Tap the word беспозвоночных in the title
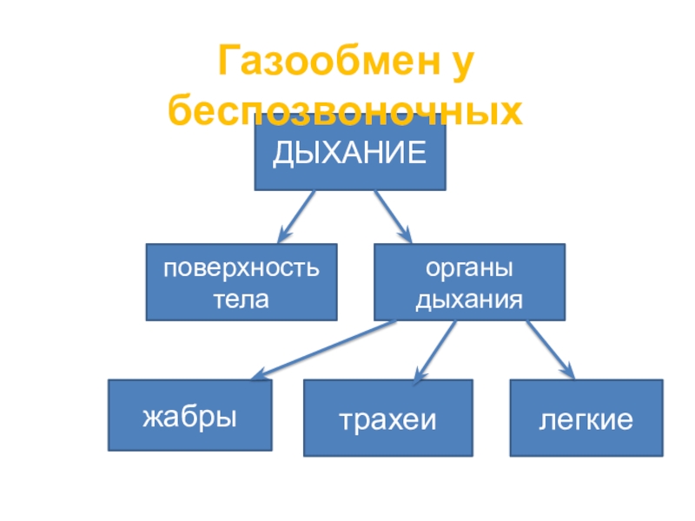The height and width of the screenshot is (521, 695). pyautogui.click(x=346, y=111)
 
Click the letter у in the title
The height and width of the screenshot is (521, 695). pyautogui.click(x=465, y=64)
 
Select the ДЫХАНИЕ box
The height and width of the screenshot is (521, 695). pyautogui.click(x=350, y=155)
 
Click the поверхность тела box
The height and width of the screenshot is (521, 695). pyautogui.click(x=242, y=282)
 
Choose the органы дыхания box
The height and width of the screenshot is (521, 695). pyautogui.click(x=469, y=282)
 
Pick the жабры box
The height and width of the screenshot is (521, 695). pyautogui.click(x=189, y=417)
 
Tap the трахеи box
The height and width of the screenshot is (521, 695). pyautogui.click(x=387, y=418)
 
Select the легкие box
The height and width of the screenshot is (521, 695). pyautogui.click(x=586, y=418)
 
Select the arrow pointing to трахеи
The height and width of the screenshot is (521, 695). pyautogui.click(x=435, y=351)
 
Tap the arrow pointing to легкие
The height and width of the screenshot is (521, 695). pyautogui.click(x=549, y=349)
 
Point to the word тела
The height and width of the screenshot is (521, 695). pyautogui.click(x=242, y=300)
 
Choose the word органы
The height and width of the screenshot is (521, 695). pyautogui.click(x=469, y=268)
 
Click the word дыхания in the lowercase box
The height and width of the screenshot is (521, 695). pyautogui.click(x=469, y=300)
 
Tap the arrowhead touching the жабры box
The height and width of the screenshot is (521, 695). pyautogui.click(x=260, y=374)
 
